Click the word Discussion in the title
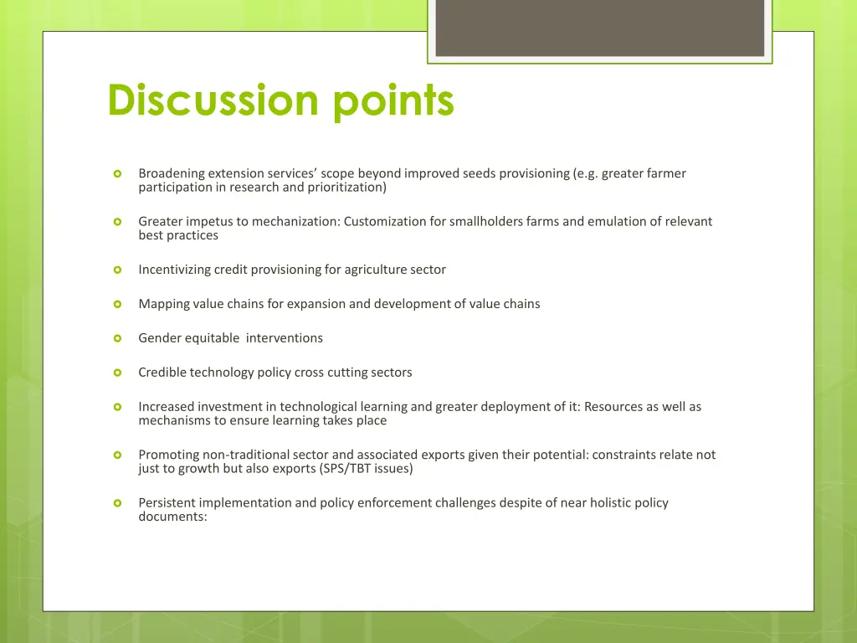click(213, 100)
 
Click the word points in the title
click(393, 102)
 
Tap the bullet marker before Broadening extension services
click(118, 174)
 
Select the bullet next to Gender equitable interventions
click(118, 338)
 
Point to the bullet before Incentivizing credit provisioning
click(118, 270)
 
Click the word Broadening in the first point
click(172, 174)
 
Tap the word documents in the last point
click(172, 517)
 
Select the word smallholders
click(486, 222)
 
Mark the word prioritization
click(346, 188)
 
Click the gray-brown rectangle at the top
click(600, 28)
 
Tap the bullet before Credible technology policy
click(118, 373)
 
